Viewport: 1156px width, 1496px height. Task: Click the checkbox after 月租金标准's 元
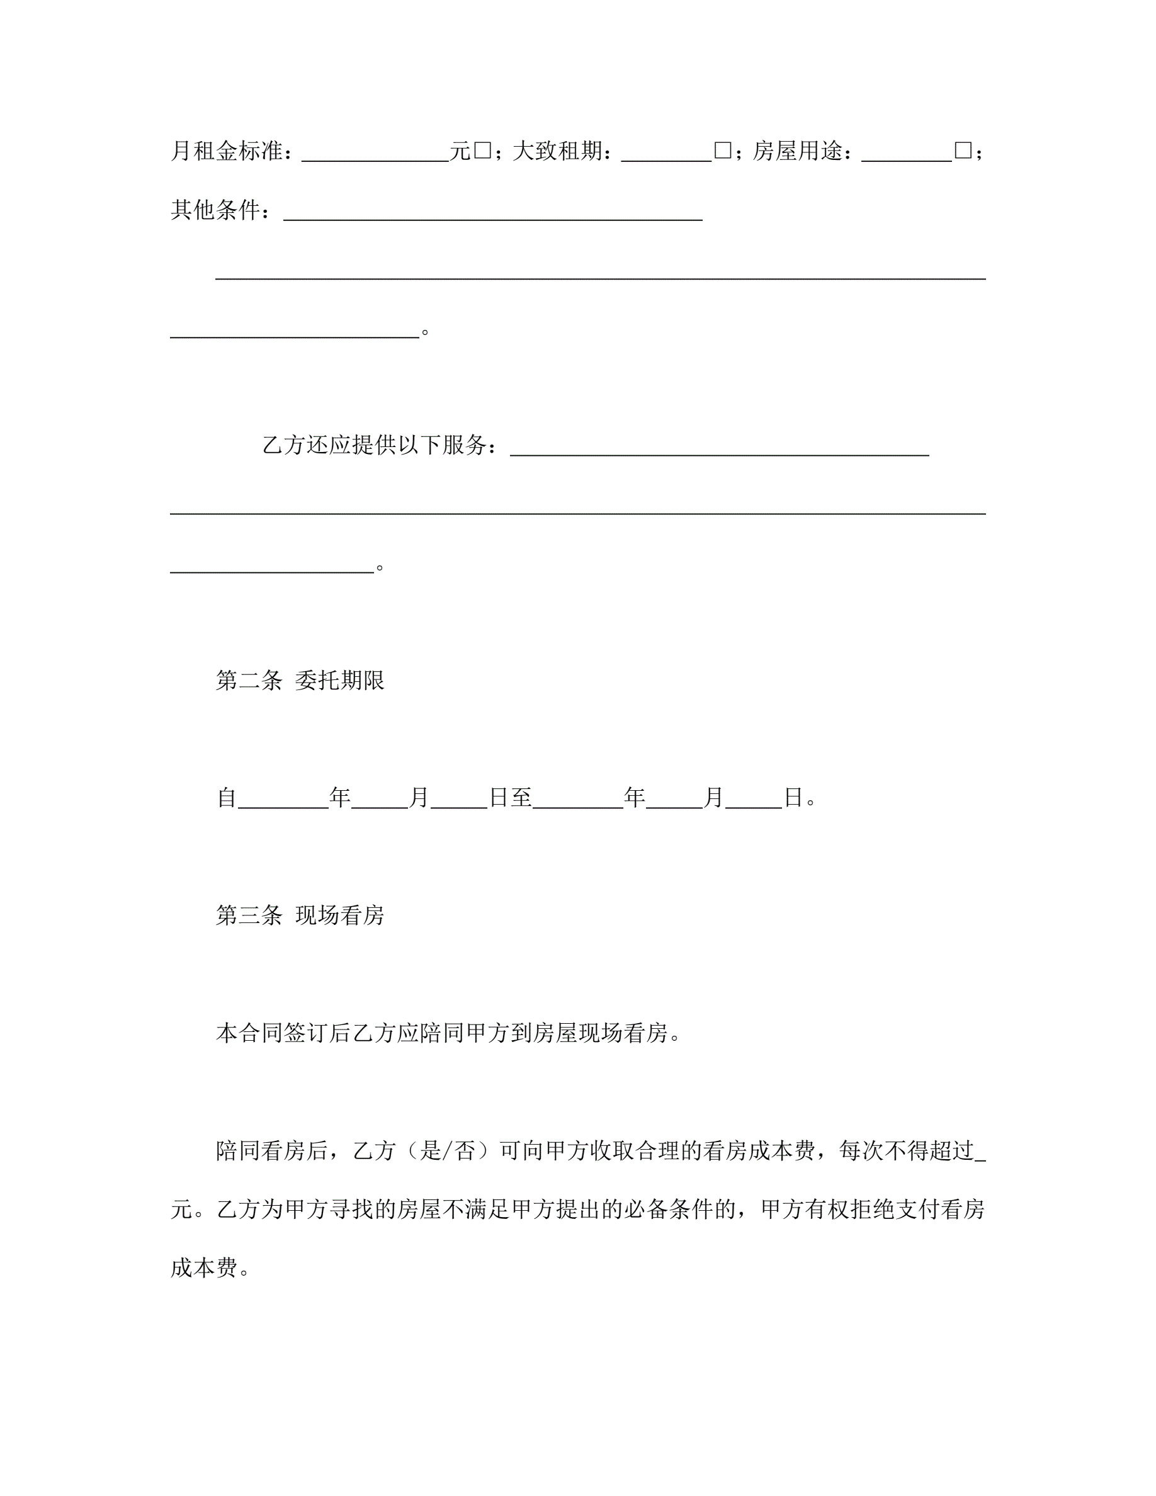pos(482,150)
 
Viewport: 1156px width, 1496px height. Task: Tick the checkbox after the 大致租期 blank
pos(723,150)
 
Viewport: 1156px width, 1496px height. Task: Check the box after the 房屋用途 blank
pos(963,150)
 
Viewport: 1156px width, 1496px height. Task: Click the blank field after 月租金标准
pos(375,152)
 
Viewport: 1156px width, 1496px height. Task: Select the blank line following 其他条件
pos(493,211)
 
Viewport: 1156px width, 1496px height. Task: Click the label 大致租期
pos(557,150)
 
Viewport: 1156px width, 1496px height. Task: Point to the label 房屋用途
pos(798,150)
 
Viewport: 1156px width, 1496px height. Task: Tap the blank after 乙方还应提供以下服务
pos(719,446)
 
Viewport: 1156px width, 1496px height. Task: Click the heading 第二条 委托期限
pos(300,680)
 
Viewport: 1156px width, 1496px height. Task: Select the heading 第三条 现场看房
pos(300,915)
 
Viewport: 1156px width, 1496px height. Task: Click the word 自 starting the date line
pos(227,797)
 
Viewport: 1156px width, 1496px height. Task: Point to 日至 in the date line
pos(511,797)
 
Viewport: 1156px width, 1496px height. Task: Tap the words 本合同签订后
pos(283,1033)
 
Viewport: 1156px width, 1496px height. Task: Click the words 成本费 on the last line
pos(204,1268)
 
